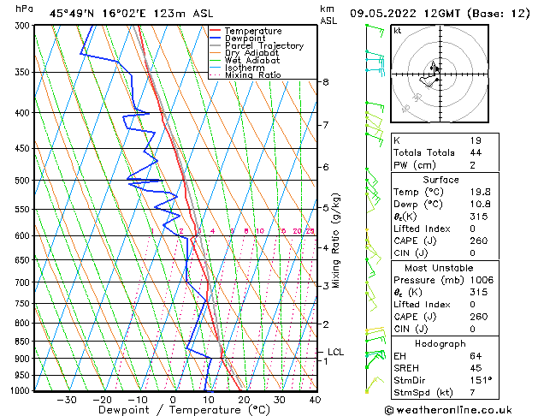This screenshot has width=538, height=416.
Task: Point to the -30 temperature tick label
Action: (67, 400)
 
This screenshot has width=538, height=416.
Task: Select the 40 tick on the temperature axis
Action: (315, 400)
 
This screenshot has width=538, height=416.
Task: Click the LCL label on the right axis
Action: (335, 352)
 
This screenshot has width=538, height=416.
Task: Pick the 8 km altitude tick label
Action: (326, 82)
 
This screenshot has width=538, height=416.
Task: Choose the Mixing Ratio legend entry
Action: (252, 75)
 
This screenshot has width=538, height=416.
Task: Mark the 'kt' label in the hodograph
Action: (398, 31)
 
